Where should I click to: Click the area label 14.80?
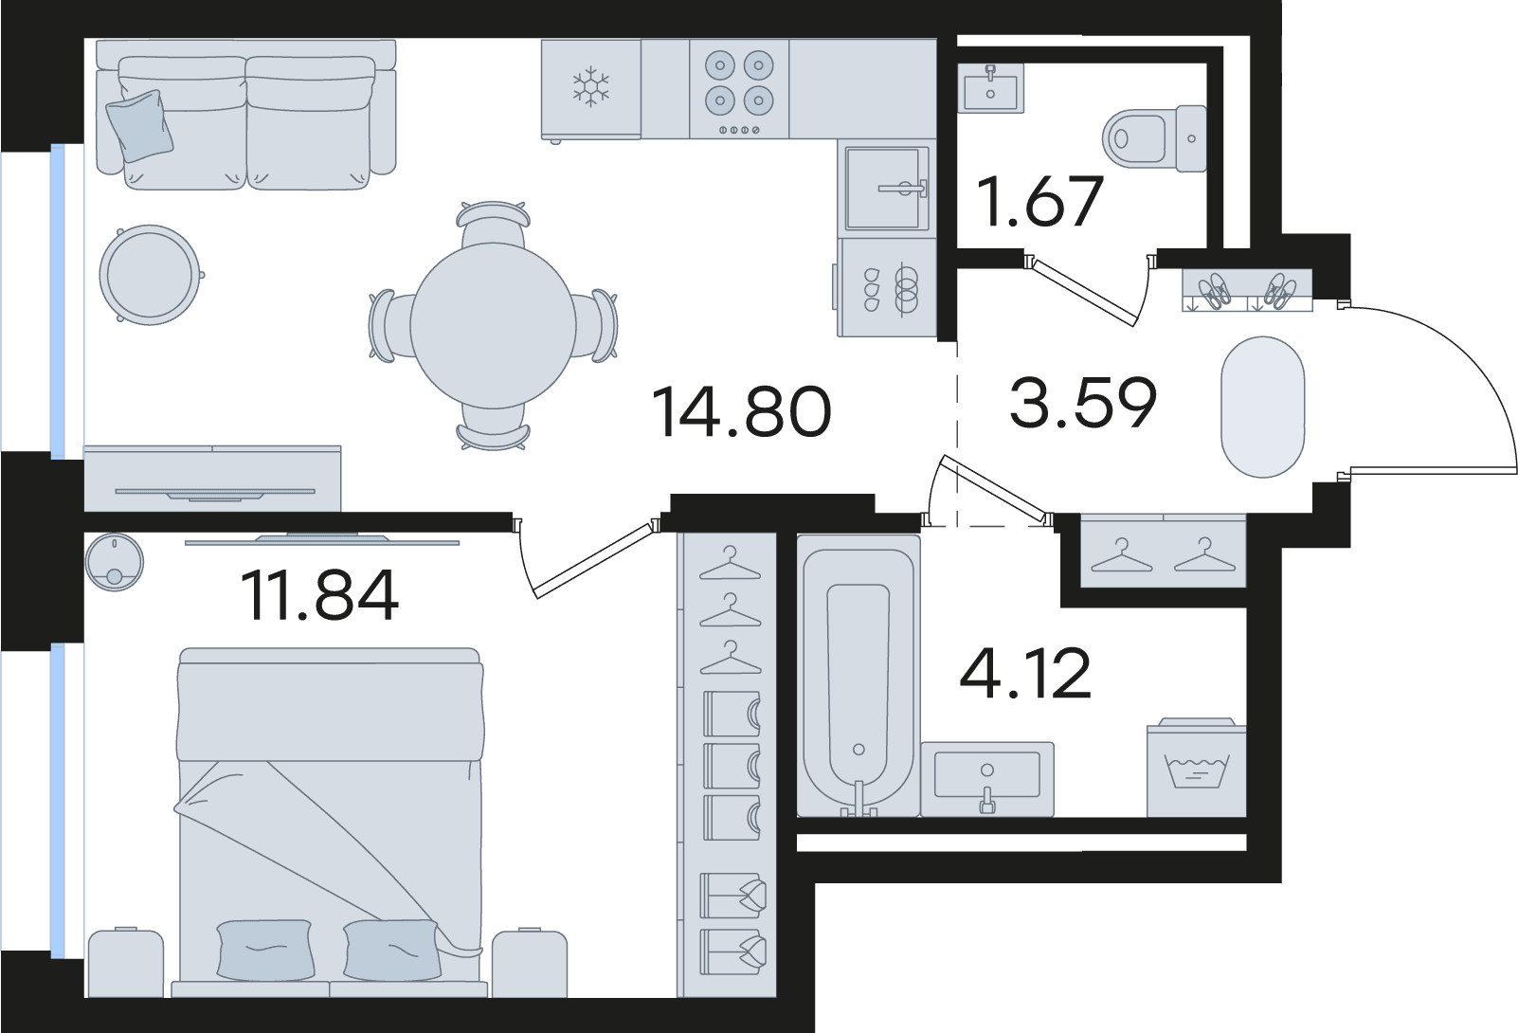[741, 410]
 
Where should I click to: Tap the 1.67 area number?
[1040, 201]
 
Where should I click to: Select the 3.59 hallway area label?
[1083, 403]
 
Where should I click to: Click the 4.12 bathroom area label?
[1024, 673]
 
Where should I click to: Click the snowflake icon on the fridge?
[591, 87]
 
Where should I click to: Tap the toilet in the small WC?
[1154, 138]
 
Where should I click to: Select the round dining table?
[494, 325]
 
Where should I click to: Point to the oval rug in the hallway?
[1262, 407]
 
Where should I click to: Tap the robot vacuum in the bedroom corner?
[115, 562]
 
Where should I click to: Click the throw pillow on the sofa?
[139, 126]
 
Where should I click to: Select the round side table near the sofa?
[150, 275]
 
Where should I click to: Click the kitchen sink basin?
[886, 189]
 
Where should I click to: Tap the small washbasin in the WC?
[991, 88]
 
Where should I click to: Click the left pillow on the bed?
[265, 950]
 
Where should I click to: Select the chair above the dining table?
[494, 224]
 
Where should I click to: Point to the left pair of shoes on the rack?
[1215, 291]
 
